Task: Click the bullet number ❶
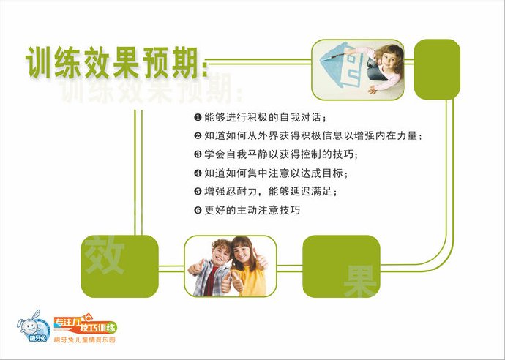click(198, 117)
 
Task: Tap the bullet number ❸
click(198, 154)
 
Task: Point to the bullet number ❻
click(198, 211)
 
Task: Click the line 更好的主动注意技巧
click(252, 211)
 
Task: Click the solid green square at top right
click(437, 70)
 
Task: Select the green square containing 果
click(341, 266)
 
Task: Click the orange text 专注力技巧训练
click(84, 325)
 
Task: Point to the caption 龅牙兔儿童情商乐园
click(85, 341)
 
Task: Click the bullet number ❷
click(198, 136)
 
